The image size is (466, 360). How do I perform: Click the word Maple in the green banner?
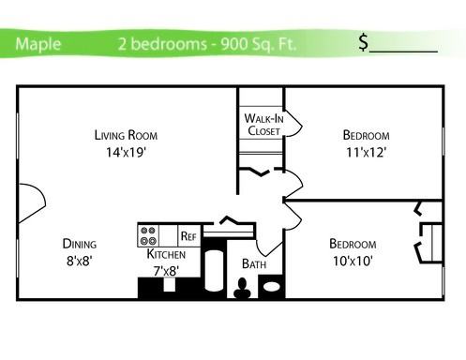coord(38,44)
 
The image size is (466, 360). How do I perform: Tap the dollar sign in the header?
coord(364,42)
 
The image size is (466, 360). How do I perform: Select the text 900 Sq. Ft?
coord(258,44)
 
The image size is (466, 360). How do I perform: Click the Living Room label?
coord(126,135)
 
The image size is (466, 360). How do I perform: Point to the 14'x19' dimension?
coord(126,153)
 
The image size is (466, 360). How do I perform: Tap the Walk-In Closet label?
coord(263,125)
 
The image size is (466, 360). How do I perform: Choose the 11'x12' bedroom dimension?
coord(366,153)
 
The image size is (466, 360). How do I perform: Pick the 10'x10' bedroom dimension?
coord(353,261)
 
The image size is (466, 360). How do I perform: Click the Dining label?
coord(80,244)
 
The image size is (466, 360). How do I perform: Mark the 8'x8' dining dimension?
coord(79,261)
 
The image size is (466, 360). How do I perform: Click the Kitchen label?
coord(166,254)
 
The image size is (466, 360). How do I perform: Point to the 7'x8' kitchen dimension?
coord(166,271)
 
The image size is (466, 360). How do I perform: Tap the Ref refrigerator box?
coord(188,235)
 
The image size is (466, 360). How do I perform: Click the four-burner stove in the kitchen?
coord(148,235)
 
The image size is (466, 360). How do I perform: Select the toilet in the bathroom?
coord(242,288)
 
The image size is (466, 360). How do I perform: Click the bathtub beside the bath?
coord(215,270)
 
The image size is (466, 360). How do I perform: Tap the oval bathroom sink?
coord(272,287)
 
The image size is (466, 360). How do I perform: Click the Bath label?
coord(254,264)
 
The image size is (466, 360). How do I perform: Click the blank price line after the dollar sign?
coord(403,52)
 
